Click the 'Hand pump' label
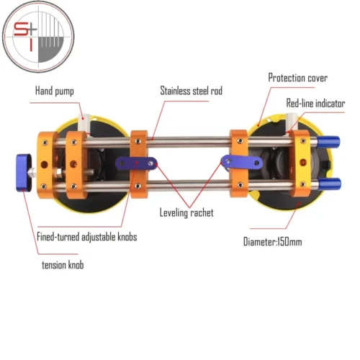click(x=55, y=91)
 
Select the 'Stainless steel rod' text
click(x=191, y=91)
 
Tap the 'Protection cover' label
click(x=297, y=78)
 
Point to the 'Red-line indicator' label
click(x=315, y=103)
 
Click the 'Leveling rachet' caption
click(x=186, y=212)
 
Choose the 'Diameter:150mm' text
click(x=272, y=241)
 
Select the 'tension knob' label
click(x=63, y=265)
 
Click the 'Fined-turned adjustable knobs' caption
click(x=87, y=237)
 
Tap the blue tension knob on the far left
click(x=24, y=172)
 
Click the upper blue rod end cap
click(x=328, y=142)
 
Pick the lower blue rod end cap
click(x=329, y=184)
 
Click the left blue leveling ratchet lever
click(x=136, y=163)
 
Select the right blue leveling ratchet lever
click(x=242, y=162)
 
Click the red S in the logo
click(x=21, y=30)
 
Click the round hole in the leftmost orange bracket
click(x=45, y=165)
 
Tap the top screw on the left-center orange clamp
click(x=138, y=141)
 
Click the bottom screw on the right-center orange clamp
click(x=240, y=185)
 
